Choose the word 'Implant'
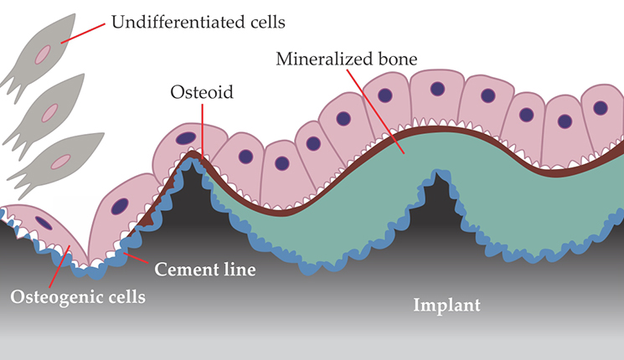[x=447, y=304]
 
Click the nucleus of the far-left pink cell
[x=43, y=223]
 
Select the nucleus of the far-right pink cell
[x=600, y=108]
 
